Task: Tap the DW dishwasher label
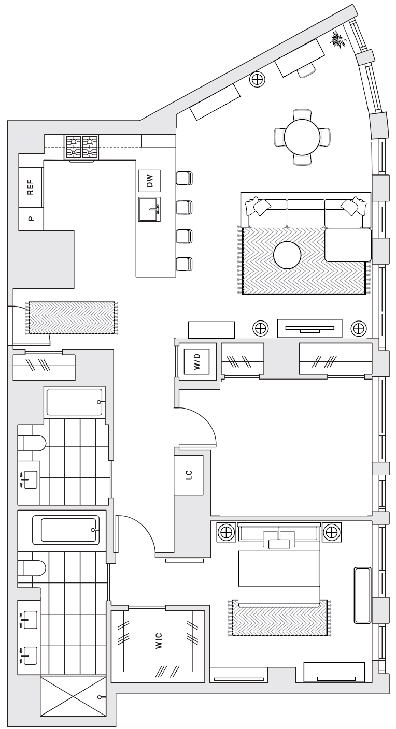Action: pos(149,181)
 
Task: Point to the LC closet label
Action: pos(189,475)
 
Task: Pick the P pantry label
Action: pos(31,218)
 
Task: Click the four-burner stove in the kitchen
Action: pos(81,147)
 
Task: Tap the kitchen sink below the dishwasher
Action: pos(149,209)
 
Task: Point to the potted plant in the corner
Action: pos(338,39)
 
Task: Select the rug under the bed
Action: pos(279,617)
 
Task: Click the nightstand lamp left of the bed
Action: pos(225,532)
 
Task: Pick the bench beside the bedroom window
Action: pos(362,595)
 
